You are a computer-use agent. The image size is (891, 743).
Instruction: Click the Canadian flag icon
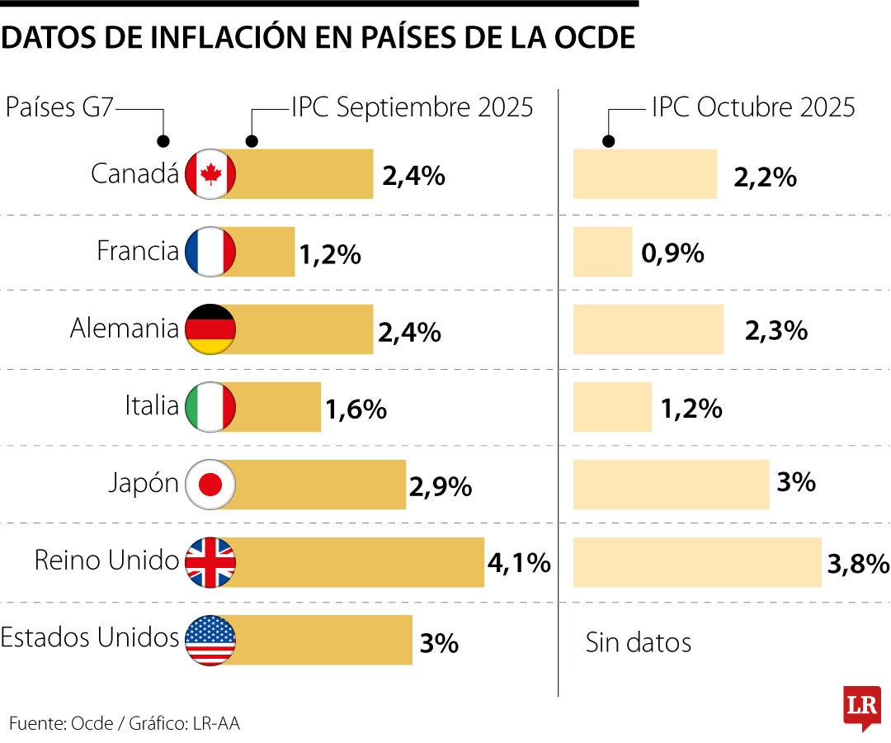[x=211, y=174]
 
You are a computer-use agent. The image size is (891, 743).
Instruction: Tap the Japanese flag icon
[x=211, y=485]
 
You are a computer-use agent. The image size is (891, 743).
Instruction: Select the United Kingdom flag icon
[x=211, y=562]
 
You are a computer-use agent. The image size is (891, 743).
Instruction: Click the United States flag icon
[x=211, y=640]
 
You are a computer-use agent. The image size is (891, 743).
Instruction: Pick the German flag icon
[x=211, y=329]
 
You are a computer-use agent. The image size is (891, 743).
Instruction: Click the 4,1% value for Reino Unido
[x=518, y=563]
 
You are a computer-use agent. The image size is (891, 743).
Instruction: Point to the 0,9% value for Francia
[x=672, y=253]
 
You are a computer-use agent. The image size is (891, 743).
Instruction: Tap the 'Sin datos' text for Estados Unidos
[x=639, y=641]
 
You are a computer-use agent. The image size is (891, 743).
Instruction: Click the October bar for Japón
[x=671, y=485]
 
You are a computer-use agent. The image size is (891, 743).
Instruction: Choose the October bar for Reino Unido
[x=697, y=562]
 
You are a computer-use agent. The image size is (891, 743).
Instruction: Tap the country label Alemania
[x=124, y=329]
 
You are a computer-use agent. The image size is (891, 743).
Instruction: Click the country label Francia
[x=137, y=251]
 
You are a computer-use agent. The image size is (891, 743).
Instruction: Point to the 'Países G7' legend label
[x=59, y=108]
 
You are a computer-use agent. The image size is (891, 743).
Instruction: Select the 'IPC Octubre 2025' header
[x=753, y=108]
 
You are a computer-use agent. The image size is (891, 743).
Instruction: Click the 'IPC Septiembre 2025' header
[x=412, y=108]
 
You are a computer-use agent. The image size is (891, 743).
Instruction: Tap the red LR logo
[x=861, y=707]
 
